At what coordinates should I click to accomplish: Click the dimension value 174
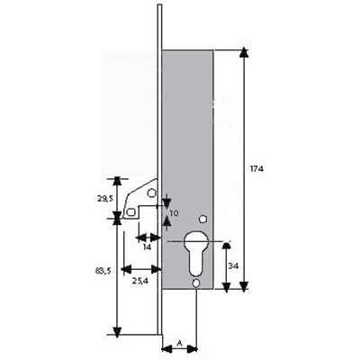click(x=256, y=168)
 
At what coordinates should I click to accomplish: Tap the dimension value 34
click(x=234, y=265)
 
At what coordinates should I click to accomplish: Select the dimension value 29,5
click(x=104, y=199)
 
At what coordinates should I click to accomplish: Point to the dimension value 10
click(x=174, y=213)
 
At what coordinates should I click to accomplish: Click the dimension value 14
click(x=147, y=247)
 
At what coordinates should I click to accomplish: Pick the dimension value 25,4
click(x=140, y=281)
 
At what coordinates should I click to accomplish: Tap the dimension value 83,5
click(x=103, y=271)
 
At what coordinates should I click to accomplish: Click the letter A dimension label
click(x=180, y=343)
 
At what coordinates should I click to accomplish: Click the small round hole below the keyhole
click(x=196, y=283)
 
